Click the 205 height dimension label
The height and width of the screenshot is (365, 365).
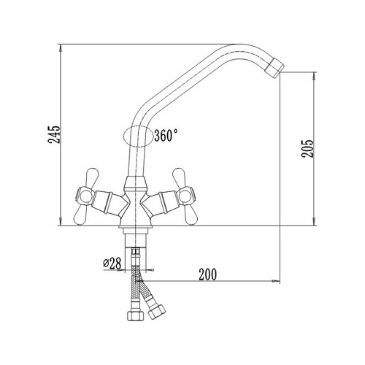(x=307, y=149)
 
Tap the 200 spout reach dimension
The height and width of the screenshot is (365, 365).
(x=207, y=274)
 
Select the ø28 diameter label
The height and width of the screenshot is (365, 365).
(x=112, y=264)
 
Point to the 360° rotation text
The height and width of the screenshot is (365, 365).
(x=166, y=135)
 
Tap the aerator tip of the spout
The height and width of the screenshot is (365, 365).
(x=275, y=68)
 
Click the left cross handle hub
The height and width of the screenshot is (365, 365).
(x=85, y=196)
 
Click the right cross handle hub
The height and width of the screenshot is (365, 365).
(x=186, y=196)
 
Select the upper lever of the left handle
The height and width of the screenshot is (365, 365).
(x=93, y=177)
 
